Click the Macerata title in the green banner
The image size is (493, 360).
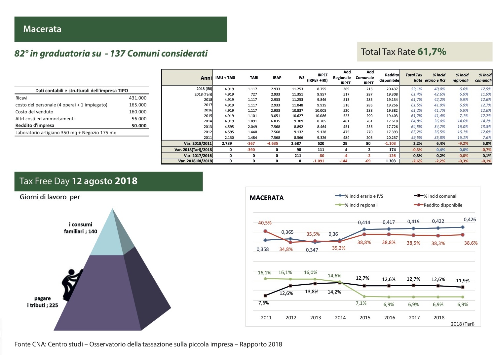point(42,29)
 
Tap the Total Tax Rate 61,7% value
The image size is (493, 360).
point(431,52)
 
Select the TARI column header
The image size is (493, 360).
point(254,78)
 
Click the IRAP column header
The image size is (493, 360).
point(277,78)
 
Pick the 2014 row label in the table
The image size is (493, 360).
point(208,121)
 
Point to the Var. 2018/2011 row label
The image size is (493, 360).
point(198,143)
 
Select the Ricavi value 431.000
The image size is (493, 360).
point(137,98)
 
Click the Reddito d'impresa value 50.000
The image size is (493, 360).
point(139,126)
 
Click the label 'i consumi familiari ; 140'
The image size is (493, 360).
point(80,228)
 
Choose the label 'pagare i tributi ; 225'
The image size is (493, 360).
point(42,302)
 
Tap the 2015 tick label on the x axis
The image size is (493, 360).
point(365,318)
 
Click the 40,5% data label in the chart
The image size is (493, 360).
point(265,223)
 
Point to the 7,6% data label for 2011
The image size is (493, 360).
point(263,303)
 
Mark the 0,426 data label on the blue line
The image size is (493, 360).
point(470,220)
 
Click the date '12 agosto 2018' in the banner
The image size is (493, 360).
point(104,181)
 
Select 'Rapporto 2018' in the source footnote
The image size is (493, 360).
point(261,344)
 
